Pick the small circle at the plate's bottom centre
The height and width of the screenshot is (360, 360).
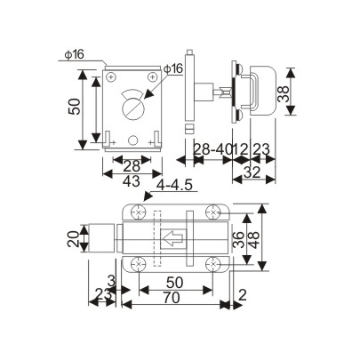pos(132,140)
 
